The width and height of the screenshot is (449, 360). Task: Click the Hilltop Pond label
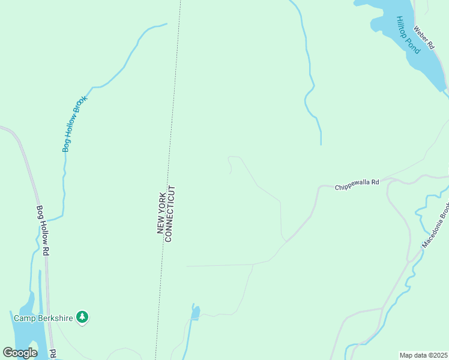(408, 35)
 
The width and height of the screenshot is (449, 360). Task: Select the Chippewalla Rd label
(357, 182)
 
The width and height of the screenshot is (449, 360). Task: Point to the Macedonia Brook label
(436, 229)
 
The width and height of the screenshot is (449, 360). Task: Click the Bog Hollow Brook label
(75, 124)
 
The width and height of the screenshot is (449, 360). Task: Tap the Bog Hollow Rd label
(43, 231)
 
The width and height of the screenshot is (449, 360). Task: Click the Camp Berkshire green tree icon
(83, 317)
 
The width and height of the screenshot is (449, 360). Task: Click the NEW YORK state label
(160, 214)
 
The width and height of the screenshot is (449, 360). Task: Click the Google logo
(20, 353)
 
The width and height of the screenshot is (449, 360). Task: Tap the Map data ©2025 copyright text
(424, 355)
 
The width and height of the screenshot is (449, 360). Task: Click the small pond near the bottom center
(195, 312)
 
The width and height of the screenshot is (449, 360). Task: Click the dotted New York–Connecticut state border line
(174, 90)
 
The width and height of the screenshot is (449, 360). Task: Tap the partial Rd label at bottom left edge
(53, 353)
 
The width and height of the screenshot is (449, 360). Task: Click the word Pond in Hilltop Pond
(413, 44)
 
